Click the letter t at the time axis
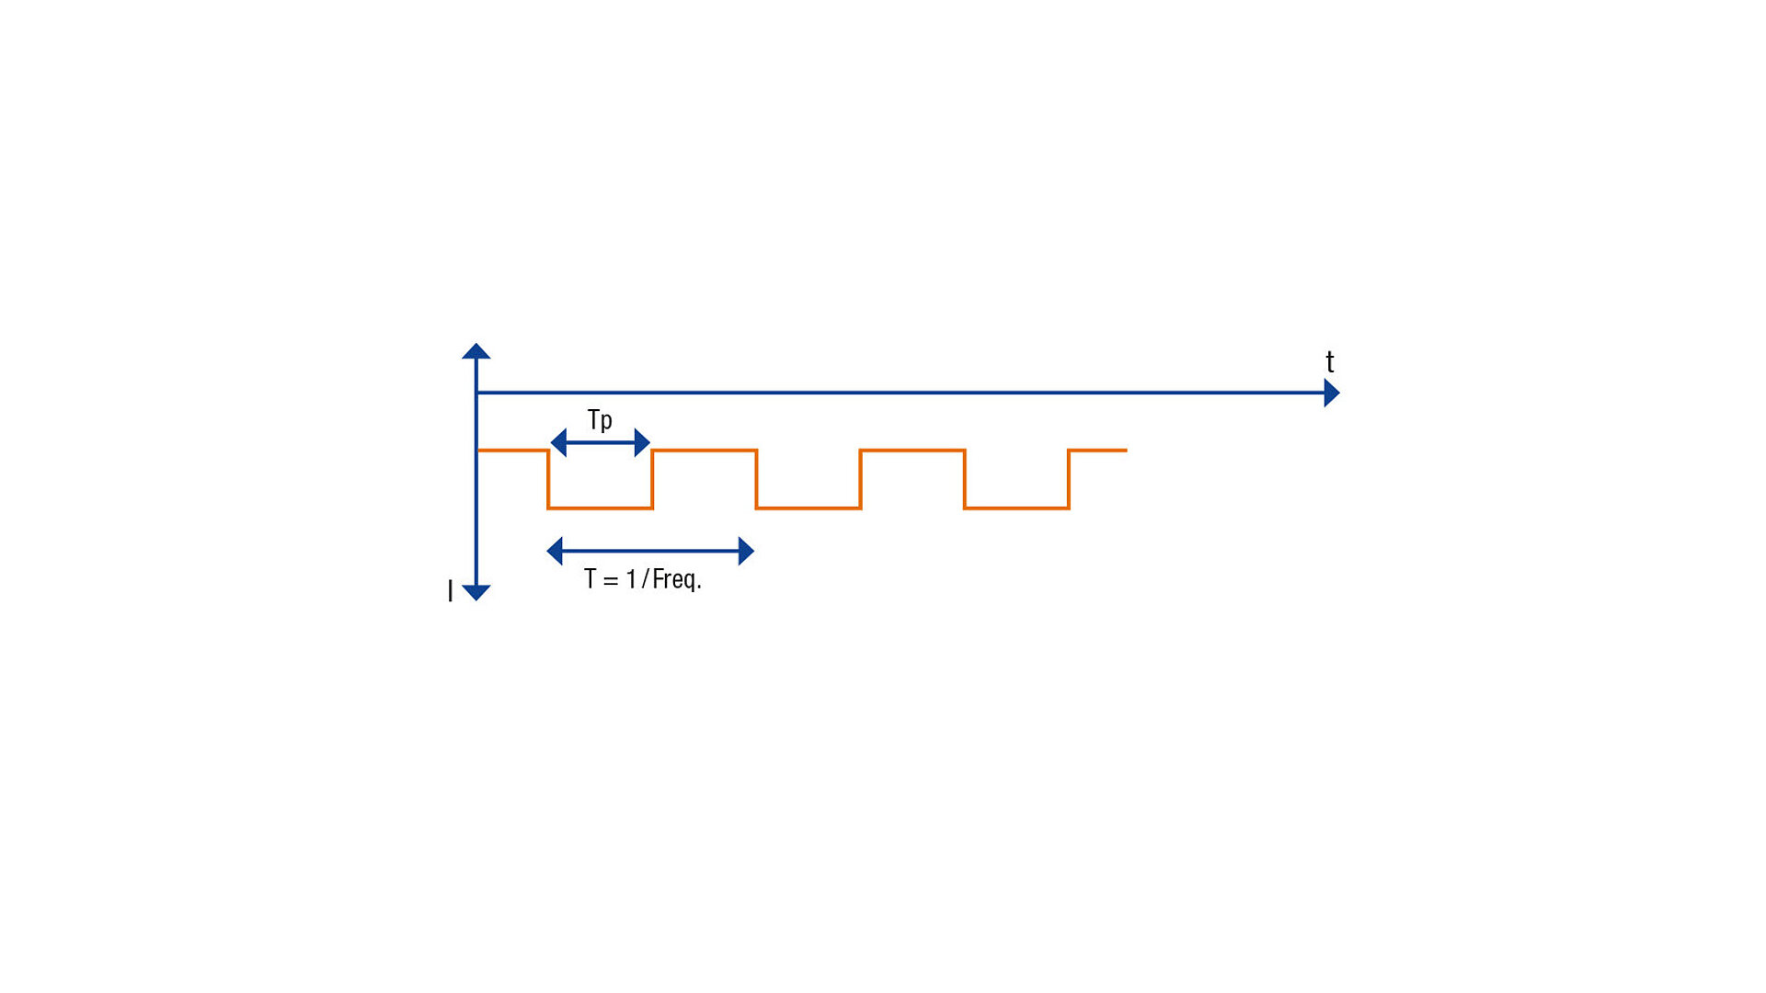(1330, 361)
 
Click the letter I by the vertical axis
(450, 591)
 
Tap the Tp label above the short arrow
(600, 420)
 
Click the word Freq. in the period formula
(677, 579)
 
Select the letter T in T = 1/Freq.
(590, 578)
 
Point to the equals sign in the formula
(611, 580)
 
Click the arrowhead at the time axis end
(1332, 393)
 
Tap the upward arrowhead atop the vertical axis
(476, 350)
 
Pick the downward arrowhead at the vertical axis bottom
(476, 593)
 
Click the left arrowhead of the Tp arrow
(557, 442)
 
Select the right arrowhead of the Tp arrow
(643, 442)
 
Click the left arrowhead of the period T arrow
(555, 551)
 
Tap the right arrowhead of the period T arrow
(746, 551)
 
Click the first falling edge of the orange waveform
(548, 479)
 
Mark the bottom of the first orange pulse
(601, 508)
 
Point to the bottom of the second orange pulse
(808, 508)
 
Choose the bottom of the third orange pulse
(1016, 508)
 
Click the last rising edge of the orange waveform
(1069, 479)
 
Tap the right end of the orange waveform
(1127, 451)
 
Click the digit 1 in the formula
(631, 578)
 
